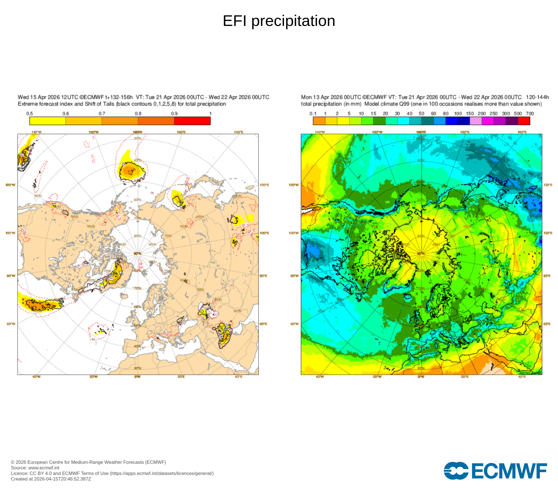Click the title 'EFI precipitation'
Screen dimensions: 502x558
click(x=279, y=21)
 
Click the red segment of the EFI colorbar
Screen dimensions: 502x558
click(x=192, y=121)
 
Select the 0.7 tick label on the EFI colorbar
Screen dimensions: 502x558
click(x=102, y=114)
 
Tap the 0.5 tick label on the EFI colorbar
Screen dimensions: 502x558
click(x=30, y=114)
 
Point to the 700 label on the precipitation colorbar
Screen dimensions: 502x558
click(x=530, y=114)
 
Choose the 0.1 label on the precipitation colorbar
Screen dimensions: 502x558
click(x=313, y=114)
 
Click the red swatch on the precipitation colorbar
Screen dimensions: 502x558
click(x=524, y=121)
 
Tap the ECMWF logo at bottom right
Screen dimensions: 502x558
click(x=495, y=471)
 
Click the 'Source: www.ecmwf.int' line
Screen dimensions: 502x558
click(x=35, y=468)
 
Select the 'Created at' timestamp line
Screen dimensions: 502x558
click(x=51, y=479)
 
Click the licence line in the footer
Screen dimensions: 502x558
click(x=112, y=473)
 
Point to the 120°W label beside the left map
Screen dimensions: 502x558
click(x=11, y=185)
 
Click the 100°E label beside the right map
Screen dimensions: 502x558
click(x=548, y=233)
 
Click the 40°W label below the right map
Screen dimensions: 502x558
click(x=320, y=377)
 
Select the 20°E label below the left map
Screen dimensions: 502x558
click(x=181, y=377)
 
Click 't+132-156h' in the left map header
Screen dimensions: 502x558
click(x=119, y=97)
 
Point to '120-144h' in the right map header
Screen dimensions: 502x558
click(x=537, y=97)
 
